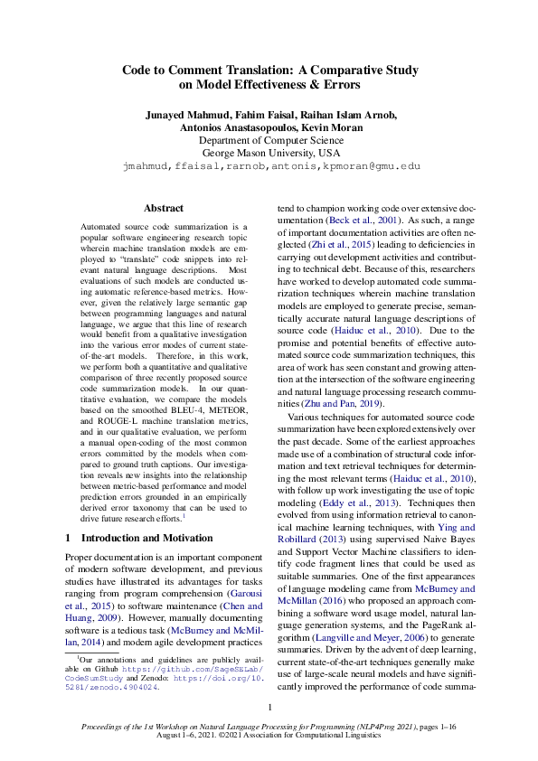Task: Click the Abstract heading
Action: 164,208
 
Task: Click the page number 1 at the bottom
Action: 269,707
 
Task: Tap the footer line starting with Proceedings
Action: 269,727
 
